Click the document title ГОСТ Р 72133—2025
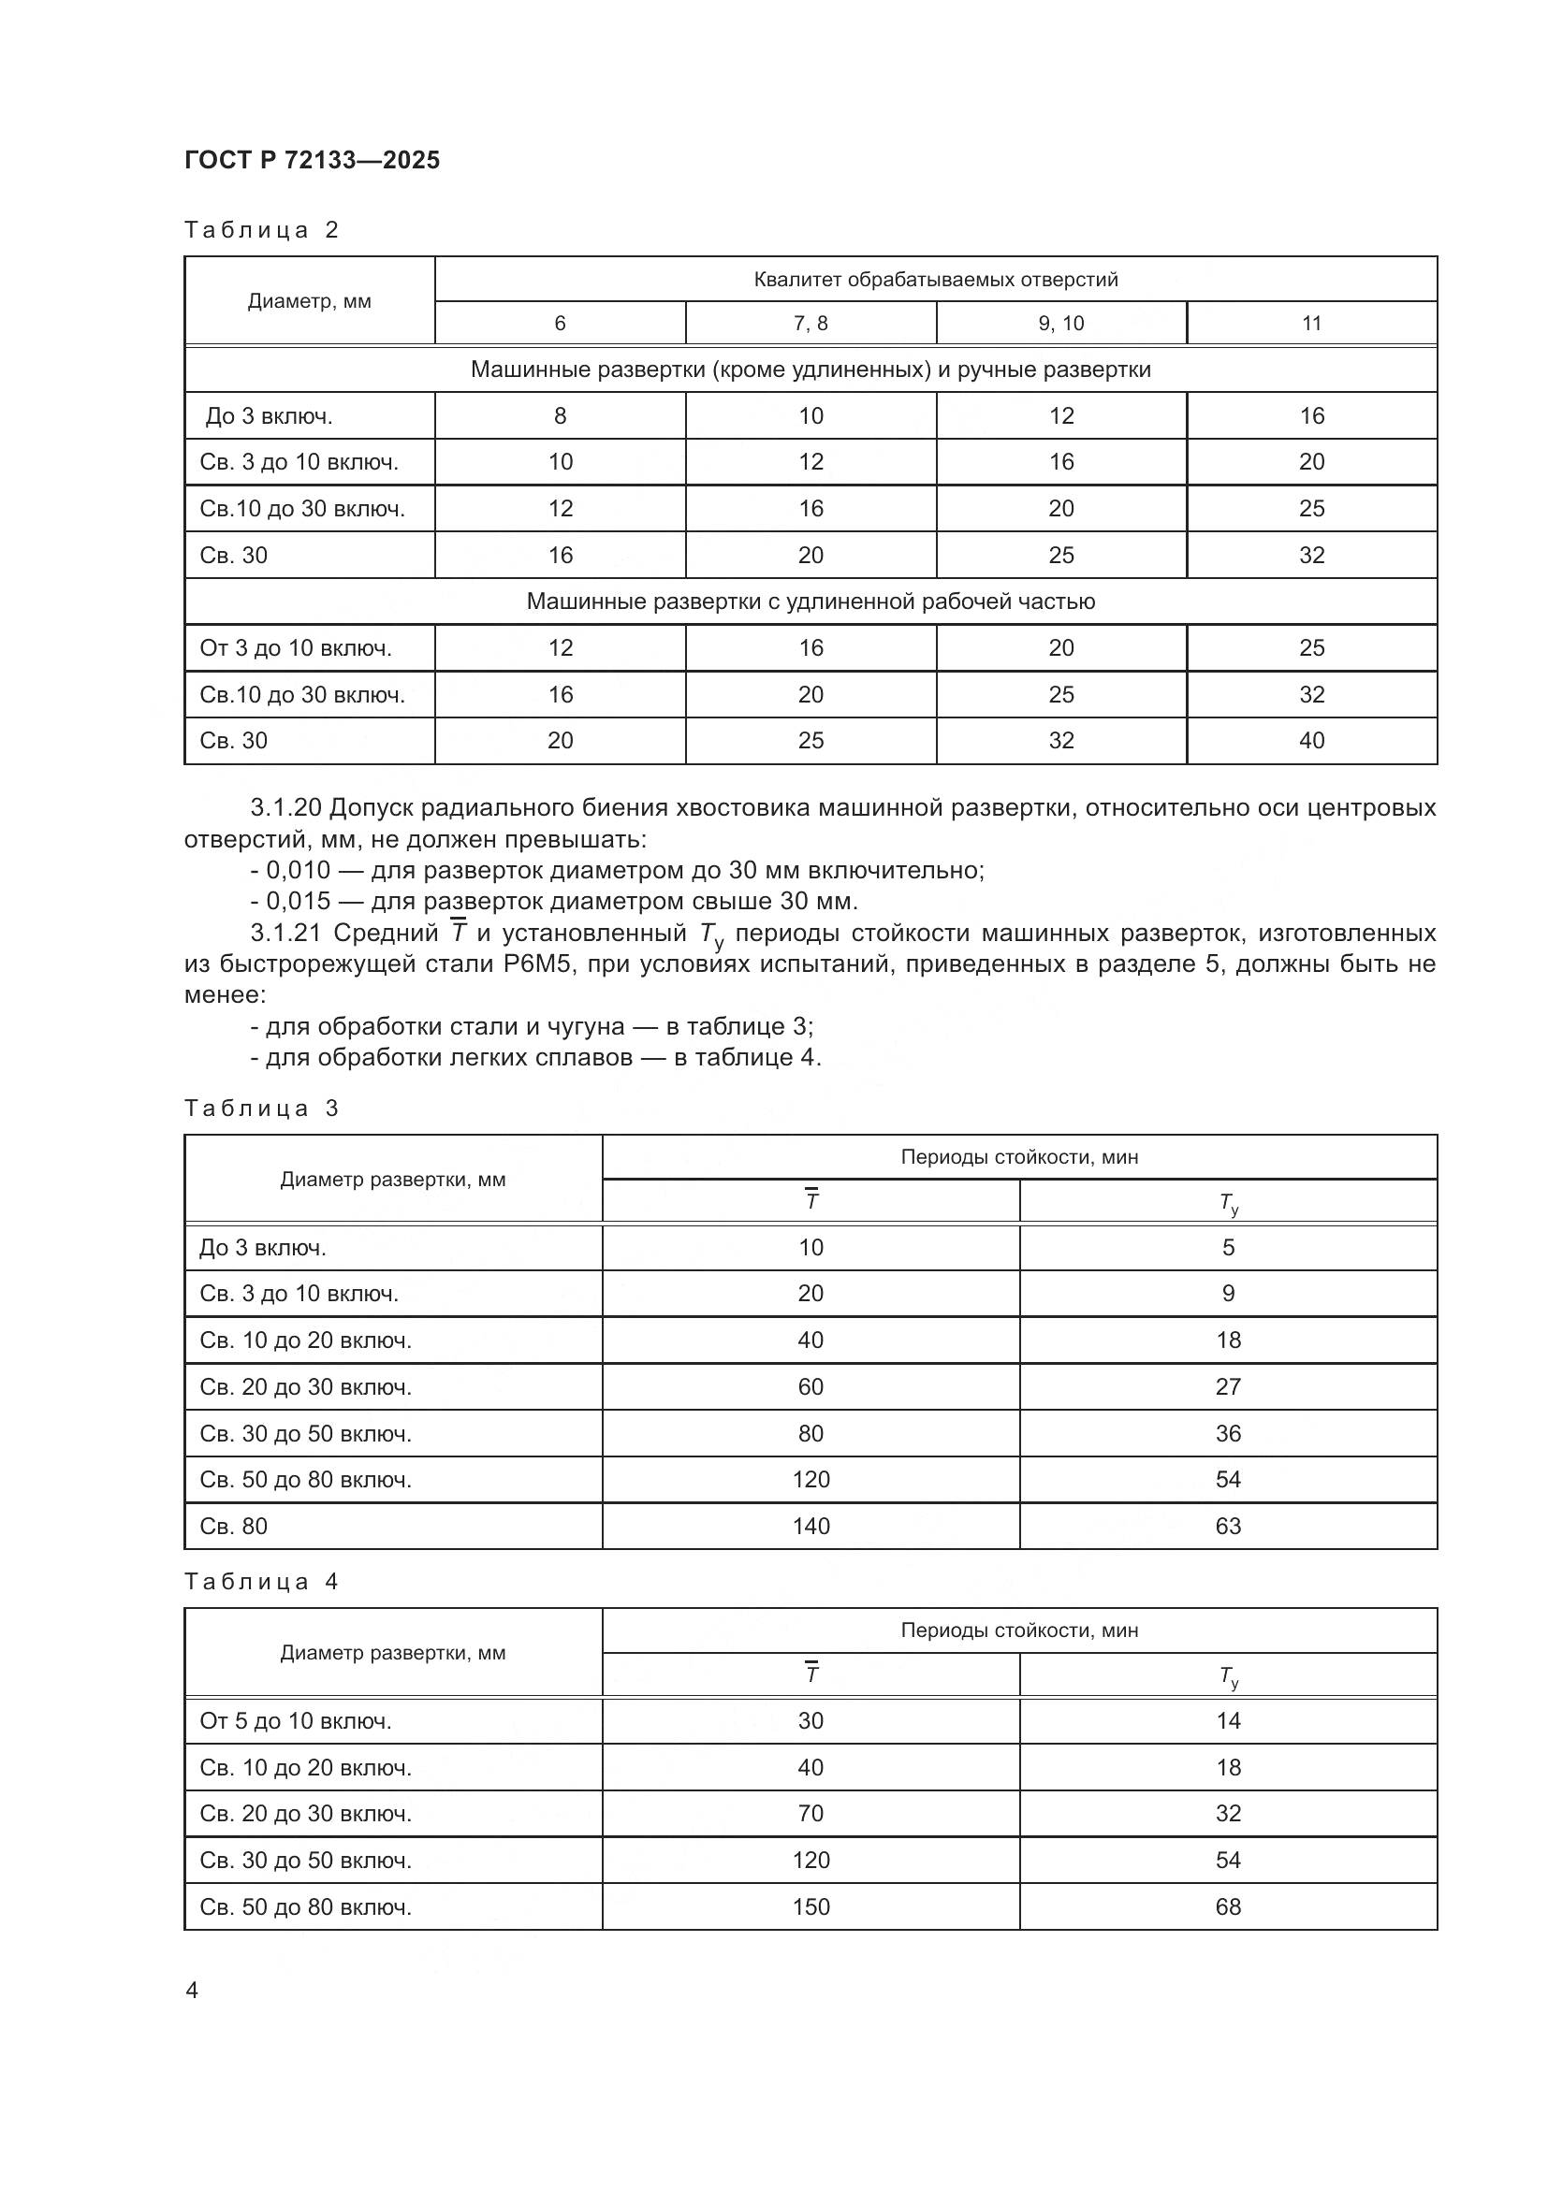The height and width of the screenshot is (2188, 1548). (x=312, y=160)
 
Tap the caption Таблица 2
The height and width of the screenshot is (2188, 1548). (x=261, y=230)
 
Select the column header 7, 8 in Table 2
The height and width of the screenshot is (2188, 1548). (x=811, y=323)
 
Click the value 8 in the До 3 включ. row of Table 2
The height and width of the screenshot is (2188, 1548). (x=560, y=415)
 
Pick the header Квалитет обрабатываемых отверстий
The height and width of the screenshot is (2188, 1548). (x=935, y=279)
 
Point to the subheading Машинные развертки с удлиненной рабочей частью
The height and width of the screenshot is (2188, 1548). (x=811, y=601)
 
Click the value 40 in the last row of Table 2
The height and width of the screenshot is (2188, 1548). (x=1310, y=741)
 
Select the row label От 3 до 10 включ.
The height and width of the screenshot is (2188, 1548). (x=296, y=648)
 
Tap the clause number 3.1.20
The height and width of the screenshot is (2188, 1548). (x=285, y=808)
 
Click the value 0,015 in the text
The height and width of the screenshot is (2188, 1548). (x=298, y=901)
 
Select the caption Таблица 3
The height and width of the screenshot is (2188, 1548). (x=261, y=1108)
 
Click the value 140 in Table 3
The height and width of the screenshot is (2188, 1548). (x=811, y=1526)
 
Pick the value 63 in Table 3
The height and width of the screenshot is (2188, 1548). (x=1228, y=1526)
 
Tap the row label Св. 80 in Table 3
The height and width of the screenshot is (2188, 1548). (x=234, y=1526)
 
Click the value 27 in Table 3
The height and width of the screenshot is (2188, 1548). (x=1228, y=1386)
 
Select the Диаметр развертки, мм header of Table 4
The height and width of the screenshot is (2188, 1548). (x=393, y=1653)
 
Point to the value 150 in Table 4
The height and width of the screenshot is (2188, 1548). (x=811, y=1906)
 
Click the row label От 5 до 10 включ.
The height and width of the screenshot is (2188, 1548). (x=296, y=1721)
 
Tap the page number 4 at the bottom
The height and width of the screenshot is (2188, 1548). (x=192, y=1991)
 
